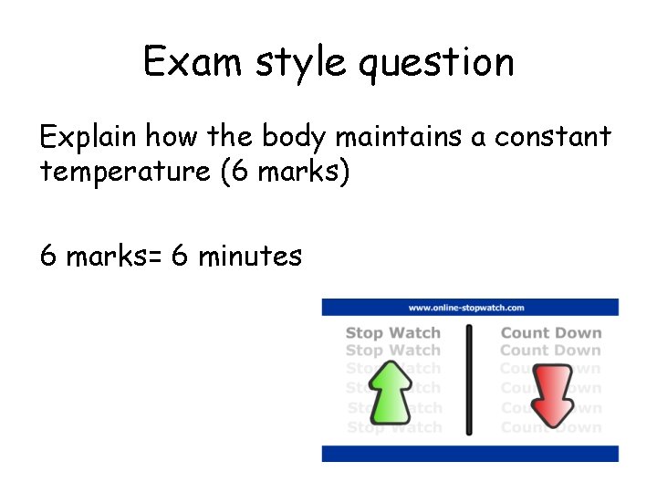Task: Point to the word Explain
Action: pos(89,138)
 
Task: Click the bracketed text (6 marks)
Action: pos(285,172)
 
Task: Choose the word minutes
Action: pos(249,257)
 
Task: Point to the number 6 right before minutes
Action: pos(180,257)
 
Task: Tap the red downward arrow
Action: pos(551,393)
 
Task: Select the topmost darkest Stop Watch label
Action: pos(392,333)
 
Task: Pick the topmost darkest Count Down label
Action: pos(551,333)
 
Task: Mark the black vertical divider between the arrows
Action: pos(470,379)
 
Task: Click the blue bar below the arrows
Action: pos(470,453)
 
